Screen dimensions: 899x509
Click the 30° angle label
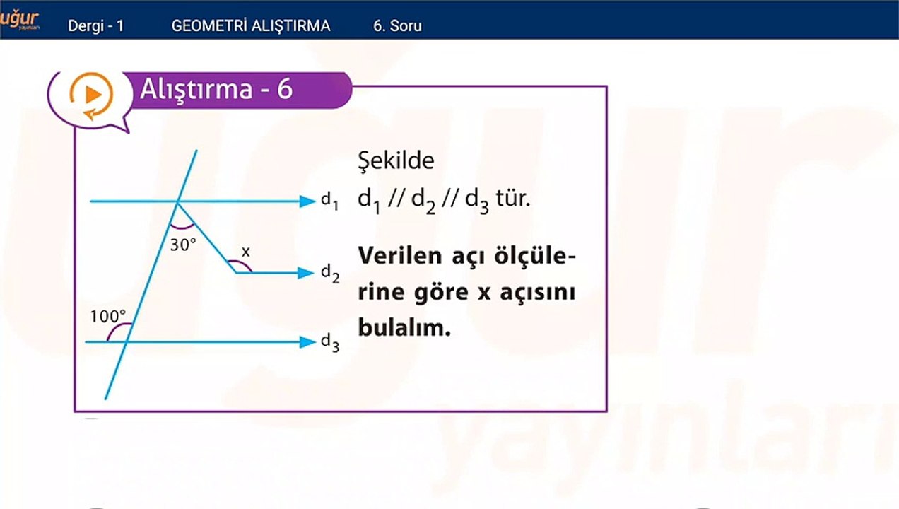point(183,245)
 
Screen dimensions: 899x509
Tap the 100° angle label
point(108,317)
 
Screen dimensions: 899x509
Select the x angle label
point(246,252)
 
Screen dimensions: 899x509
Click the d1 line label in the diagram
point(330,201)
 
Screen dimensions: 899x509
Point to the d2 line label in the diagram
point(330,274)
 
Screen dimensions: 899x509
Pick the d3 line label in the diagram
point(330,342)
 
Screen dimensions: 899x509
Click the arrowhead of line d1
point(308,201)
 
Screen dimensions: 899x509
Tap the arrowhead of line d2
point(306,273)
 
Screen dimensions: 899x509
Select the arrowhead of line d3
point(308,342)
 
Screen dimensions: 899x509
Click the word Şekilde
point(396,161)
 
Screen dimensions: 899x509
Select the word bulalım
point(404,327)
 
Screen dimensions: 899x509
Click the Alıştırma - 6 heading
point(216,89)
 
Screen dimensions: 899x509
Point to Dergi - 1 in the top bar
point(96,26)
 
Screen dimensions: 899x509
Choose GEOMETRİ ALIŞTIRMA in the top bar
point(251,25)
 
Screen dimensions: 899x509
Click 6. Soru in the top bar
point(397,26)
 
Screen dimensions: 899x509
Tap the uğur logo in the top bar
point(19,20)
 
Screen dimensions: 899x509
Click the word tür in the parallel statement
point(513,199)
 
